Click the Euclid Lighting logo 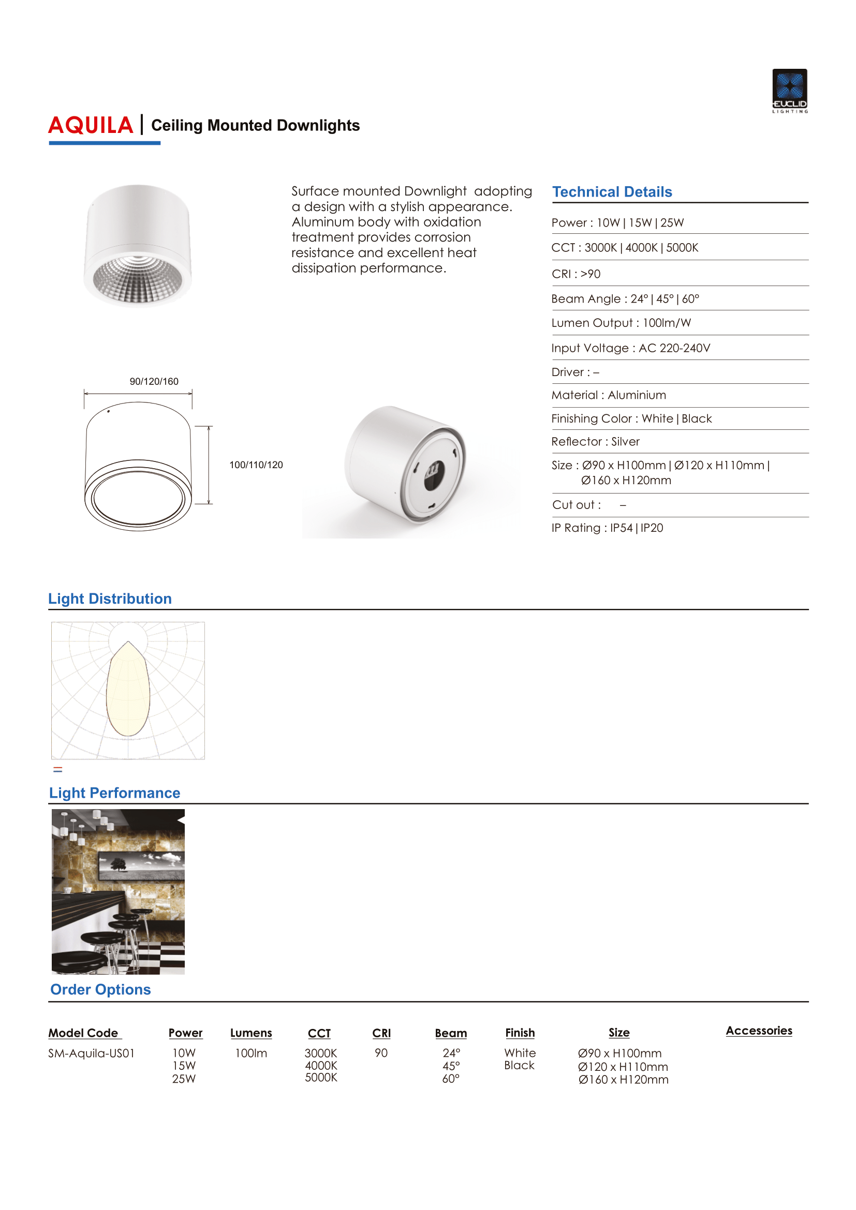pyautogui.click(x=790, y=90)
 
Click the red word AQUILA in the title pyautogui.click(x=91, y=125)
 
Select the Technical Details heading pyautogui.click(x=612, y=192)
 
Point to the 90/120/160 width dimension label pyautogui.click(x=154, y=381)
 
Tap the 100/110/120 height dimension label pyautogui.click(x=256, y=465)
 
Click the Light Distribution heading pyautogui.click(x=110, y=599)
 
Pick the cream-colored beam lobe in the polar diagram pyautogui.click(x=128, y=691)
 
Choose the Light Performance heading pyautogui.click(x=114, y=793)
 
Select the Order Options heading pyautogui.click(x=100, y=989)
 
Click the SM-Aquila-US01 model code pyautogui.click(x=91, y=1053)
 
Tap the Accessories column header pyautogui.click(x=759, y=1030)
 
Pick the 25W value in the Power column pyautogui.click(x=183, y=1079)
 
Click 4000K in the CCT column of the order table pyautogui.click(x=320, y=1065)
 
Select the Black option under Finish pyautogui.click(x=519, y=1065)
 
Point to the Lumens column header pyautogui.click(x=251, y=1033)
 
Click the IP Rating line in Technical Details pyautogui.click(x=607, y=528)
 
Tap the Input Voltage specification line pyautogui.click(x=630, y=348)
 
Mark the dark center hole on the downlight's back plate pyautogui.click(x=434, y=474)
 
